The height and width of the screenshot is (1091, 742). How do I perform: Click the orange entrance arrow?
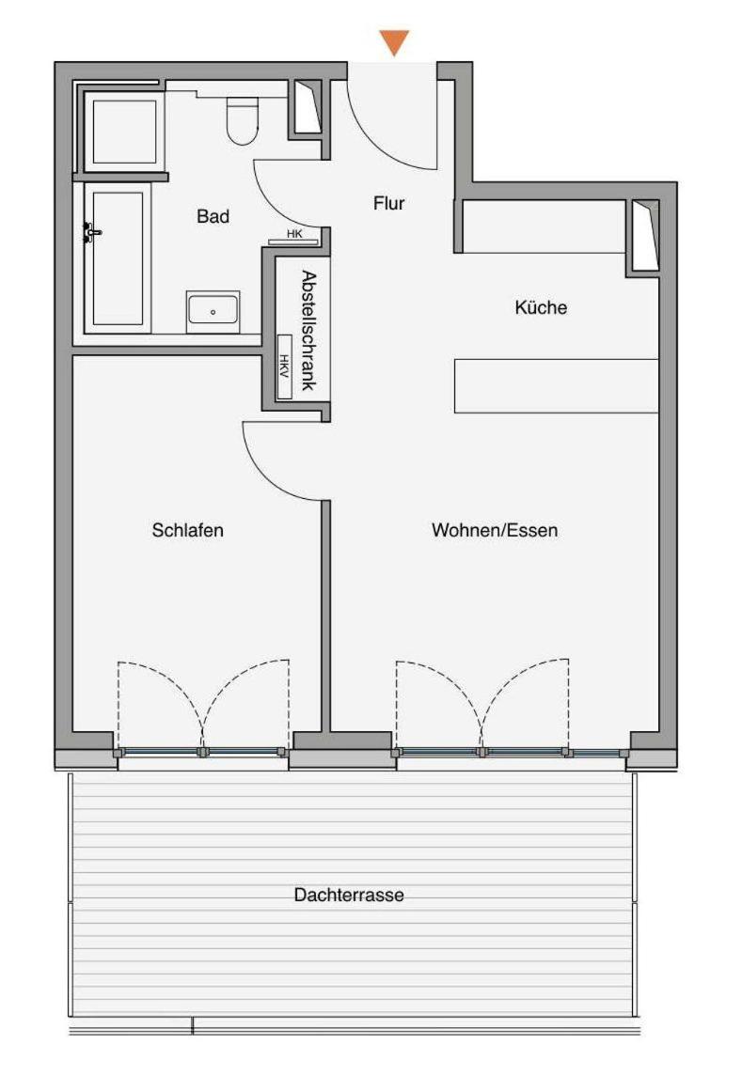tap(394, 42)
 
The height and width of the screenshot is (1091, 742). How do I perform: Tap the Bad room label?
tap(213, 216)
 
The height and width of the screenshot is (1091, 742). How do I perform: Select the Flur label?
tap(389, 203)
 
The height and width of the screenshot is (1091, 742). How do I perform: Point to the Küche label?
tap(541, 307)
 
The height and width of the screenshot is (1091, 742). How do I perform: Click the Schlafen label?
tap(188, 530)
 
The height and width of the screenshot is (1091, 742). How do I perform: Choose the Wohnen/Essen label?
tap(495, 530)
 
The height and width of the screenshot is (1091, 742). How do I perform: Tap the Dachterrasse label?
tap(349, 895)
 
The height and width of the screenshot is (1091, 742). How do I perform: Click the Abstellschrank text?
tap(308, 331)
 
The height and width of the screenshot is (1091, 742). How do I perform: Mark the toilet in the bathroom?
tap(243, 119)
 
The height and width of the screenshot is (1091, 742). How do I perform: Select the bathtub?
tap(118, 258)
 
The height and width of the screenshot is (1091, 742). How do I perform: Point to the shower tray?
tap(124, 132)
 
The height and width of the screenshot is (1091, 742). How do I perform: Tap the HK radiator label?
tap(294, 235)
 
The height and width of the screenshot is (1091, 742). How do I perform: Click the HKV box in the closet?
tap(284, 366)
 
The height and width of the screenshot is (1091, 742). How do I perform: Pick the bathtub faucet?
tap(91, 232)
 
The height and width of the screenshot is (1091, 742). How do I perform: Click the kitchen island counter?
tap(556, 385)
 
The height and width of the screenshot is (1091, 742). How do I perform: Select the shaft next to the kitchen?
tap(644, 235)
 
